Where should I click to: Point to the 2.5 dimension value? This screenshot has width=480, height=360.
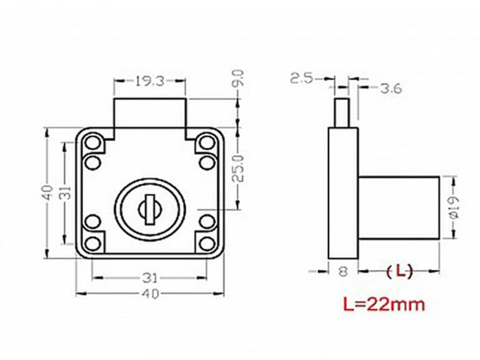[x=301, y=78]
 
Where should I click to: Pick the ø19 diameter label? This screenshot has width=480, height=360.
[x=454, y=207]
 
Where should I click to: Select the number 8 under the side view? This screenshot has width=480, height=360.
[x=344, y=271]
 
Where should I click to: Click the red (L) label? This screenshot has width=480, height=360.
[x=399, y=271]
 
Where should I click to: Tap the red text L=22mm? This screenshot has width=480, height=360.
[x=384, y=305]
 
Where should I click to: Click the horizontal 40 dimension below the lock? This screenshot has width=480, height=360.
[x=150, y=294]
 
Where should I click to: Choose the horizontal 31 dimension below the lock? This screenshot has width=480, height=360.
[x=150, y=278]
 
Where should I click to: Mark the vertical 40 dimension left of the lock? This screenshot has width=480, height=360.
[x=47, y=193]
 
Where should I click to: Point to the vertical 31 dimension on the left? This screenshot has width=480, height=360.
[x=66, y=193]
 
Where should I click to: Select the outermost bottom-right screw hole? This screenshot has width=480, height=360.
[x=207, y=243]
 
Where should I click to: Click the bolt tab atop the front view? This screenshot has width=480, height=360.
[x=150, y=112]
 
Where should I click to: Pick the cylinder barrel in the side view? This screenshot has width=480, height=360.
[x=399, y=207]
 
